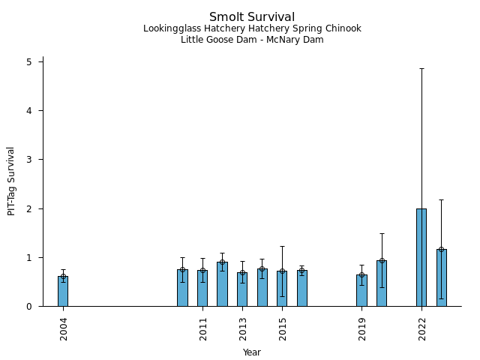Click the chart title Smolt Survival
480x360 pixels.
252,16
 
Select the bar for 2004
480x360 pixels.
63,291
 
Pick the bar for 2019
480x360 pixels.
361,290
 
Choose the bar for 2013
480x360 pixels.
242,289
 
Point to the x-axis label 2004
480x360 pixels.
64,328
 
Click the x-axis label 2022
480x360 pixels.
422,328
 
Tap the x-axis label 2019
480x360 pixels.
362,328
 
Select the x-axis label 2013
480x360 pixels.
243,328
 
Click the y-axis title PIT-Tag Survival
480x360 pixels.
11,181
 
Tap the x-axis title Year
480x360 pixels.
252,352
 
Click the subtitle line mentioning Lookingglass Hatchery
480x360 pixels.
252,28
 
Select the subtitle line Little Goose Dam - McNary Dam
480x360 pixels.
252,40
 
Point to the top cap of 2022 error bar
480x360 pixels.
421,68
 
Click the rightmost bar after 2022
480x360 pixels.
442,277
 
